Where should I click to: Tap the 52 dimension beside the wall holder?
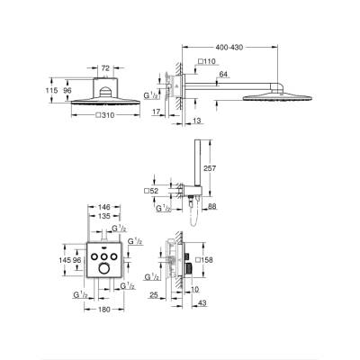153,191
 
